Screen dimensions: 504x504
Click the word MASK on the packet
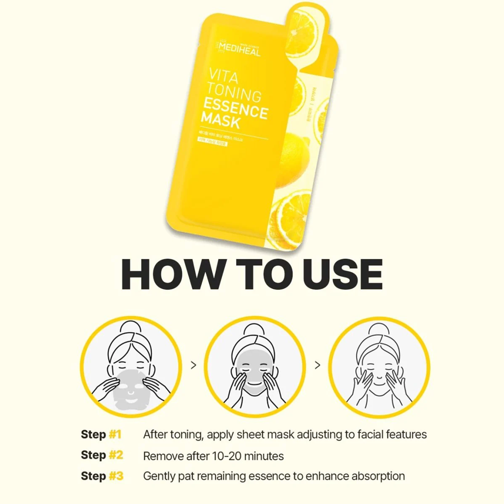[x=221, y=121]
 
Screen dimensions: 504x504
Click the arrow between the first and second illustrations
[x=193, y=365]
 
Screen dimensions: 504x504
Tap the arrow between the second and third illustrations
[x=317, y=365]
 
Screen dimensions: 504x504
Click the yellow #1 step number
[x=115, y=435]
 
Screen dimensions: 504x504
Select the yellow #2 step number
[x=116, y=455]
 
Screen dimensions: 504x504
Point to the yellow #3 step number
[x=116, y=476]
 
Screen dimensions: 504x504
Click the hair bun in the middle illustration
[x=254, y=329]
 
